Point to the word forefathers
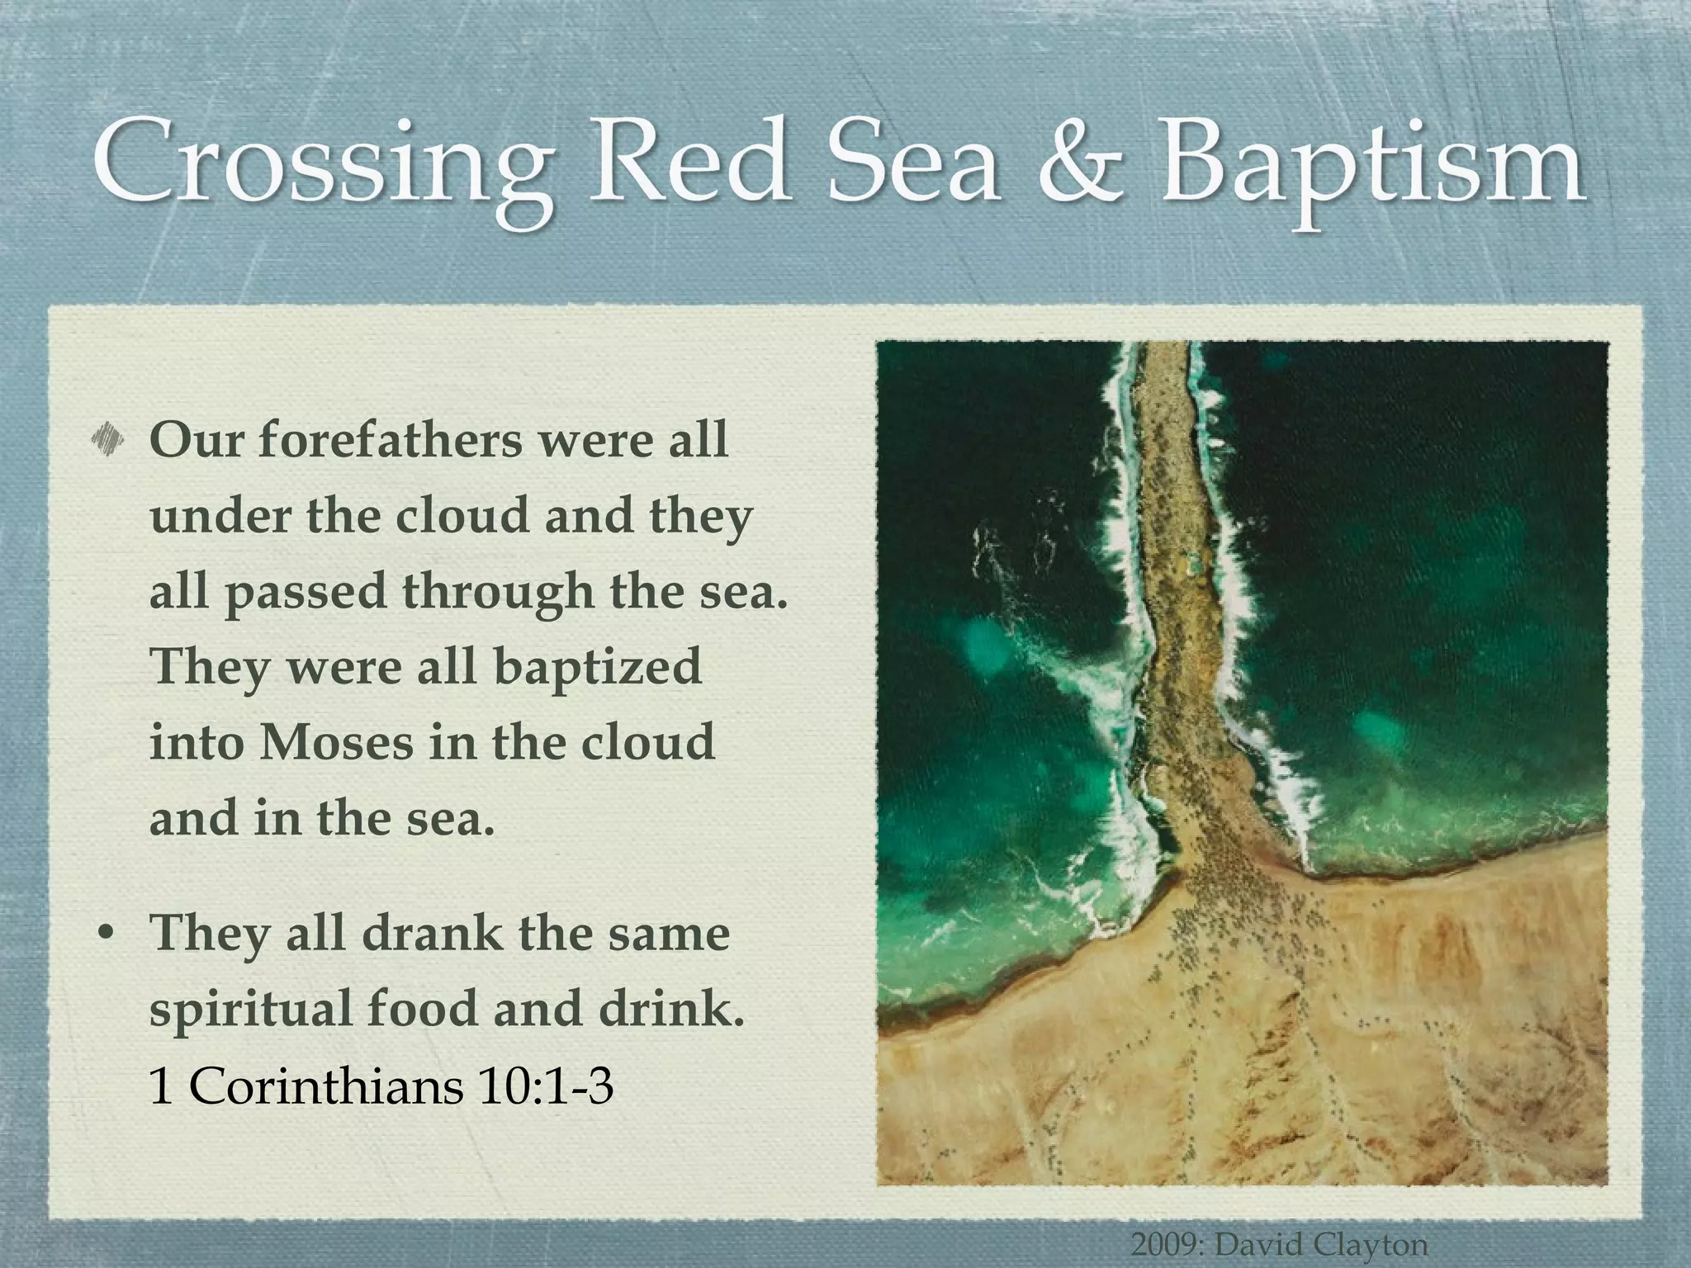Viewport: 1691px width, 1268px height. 391,439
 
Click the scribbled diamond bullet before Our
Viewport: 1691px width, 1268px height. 108,439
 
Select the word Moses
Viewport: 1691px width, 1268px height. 336,742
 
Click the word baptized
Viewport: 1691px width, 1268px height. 598,666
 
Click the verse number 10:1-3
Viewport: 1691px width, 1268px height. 545,1086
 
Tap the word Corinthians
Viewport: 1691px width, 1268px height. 326,1086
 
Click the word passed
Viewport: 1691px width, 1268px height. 306,593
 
